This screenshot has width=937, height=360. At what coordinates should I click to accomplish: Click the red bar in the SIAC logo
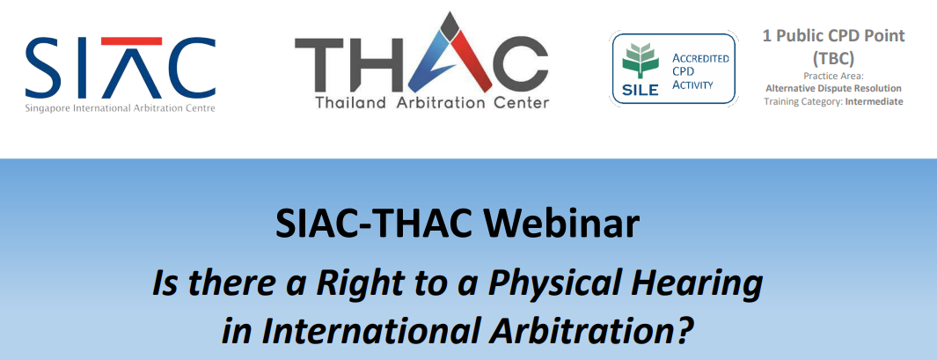(131, 41)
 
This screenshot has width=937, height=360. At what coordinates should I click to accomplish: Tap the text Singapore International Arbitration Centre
(121, 108)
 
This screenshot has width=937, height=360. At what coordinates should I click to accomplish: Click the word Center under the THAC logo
(518, 103)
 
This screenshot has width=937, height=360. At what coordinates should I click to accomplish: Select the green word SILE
(640, 91)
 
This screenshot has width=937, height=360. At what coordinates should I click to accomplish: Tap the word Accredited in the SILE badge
(701, 59)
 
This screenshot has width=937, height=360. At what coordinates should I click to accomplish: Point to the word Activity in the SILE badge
(693, 84)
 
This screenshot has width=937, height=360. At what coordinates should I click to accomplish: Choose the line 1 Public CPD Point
(833, 36)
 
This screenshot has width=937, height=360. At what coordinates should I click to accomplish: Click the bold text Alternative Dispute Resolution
(833, 89)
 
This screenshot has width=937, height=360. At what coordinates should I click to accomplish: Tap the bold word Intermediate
(875, 101)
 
